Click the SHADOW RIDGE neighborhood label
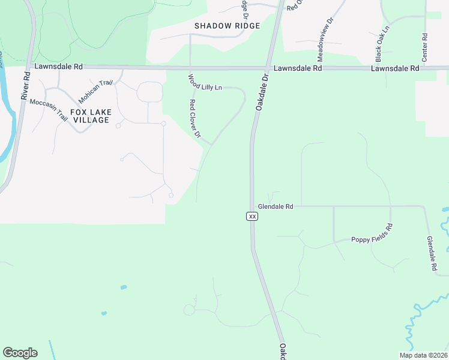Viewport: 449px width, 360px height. [228, 26]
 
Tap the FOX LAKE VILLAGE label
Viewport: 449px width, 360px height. [90, 116]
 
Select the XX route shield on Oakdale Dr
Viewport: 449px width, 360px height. [253, 216]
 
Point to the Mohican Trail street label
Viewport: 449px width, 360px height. [95, 91]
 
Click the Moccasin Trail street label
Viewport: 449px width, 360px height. [49, 110]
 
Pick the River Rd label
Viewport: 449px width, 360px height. [25, 86]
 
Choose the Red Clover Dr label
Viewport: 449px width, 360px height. [194, 118]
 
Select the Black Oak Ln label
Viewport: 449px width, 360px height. [382, 43]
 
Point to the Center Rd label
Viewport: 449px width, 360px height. [425, 45]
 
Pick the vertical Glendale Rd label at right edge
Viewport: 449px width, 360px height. [432, 255]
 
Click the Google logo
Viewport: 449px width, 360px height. [20, 353]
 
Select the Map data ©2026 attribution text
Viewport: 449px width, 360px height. [424, 355]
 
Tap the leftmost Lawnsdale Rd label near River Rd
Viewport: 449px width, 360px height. [58, 67]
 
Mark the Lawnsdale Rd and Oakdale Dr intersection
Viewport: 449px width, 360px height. [268, 68]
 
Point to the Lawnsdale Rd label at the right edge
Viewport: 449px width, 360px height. [395, 69]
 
